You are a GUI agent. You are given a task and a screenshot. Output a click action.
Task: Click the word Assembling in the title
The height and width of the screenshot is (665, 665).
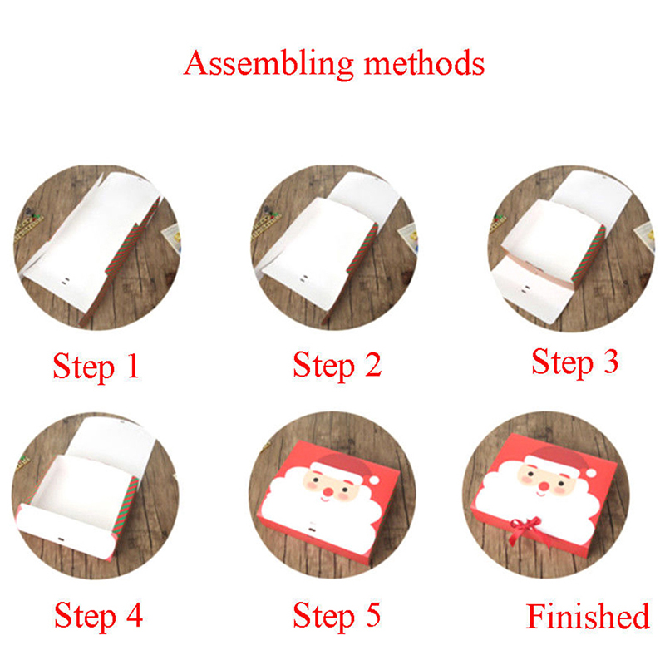268,64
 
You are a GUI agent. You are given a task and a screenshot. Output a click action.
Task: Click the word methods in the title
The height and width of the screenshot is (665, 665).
424,63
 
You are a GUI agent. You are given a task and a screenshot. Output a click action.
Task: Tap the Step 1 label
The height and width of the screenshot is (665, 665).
96,367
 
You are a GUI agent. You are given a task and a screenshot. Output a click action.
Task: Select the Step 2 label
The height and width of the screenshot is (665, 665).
337,365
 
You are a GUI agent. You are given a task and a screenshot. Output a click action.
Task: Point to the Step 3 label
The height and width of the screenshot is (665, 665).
575,362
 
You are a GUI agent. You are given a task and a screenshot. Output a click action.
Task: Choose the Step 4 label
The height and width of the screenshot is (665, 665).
98,615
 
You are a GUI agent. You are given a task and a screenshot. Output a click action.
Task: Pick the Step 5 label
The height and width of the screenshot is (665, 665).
337,615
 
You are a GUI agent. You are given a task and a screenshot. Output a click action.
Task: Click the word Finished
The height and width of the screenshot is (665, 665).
588,616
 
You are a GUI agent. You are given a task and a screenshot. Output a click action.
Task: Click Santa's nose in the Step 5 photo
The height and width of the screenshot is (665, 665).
328,492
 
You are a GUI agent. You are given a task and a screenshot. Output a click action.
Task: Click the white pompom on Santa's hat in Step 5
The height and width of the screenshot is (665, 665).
373,480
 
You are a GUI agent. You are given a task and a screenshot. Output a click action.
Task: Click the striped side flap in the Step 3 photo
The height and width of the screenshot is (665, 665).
589,254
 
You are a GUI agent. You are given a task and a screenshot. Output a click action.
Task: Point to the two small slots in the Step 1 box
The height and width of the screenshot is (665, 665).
66,281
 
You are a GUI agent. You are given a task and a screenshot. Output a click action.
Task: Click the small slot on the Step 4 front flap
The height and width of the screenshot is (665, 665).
60,539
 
